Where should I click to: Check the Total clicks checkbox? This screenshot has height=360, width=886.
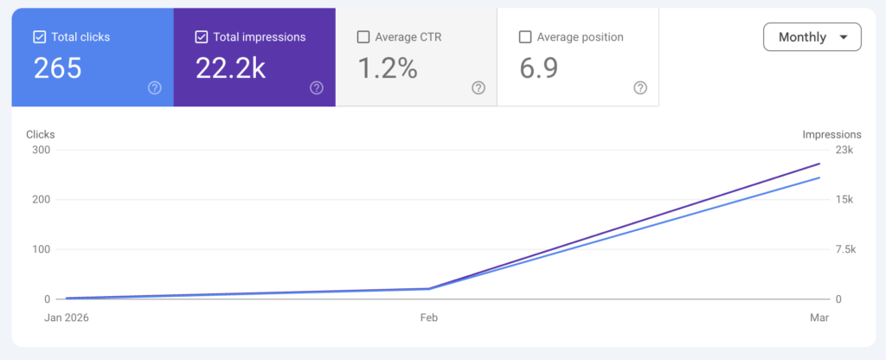tap(39, 37)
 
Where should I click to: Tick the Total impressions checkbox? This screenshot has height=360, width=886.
tap(202, 37)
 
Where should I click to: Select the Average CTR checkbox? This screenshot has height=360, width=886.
tap(363, 37)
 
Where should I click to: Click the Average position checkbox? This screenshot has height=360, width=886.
tap(524, 37)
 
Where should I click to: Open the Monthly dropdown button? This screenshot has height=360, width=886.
tap(812, 37)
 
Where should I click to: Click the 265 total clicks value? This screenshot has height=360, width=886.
tap(58, 69)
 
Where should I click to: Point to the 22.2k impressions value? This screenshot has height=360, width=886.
tap(230, 69)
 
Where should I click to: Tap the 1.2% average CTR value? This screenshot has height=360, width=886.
tap(387, 69)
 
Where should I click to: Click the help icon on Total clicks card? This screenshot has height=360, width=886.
tap(155, 87)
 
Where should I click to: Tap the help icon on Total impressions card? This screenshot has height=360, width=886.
tap(317, 87)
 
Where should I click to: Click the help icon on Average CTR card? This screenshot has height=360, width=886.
tap(478, 87)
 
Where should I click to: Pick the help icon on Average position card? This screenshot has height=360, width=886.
tap(640, 87)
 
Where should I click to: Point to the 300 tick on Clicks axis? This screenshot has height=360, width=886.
tap(42, 150)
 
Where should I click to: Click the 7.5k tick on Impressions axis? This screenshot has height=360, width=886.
tap(844, 249)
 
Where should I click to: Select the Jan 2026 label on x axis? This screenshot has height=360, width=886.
tap(67, 318)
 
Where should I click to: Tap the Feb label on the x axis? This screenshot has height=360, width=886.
tap(429, 318)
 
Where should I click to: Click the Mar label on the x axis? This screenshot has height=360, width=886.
tap(819, 318)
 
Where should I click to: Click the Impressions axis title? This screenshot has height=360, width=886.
tap(831, 134)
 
